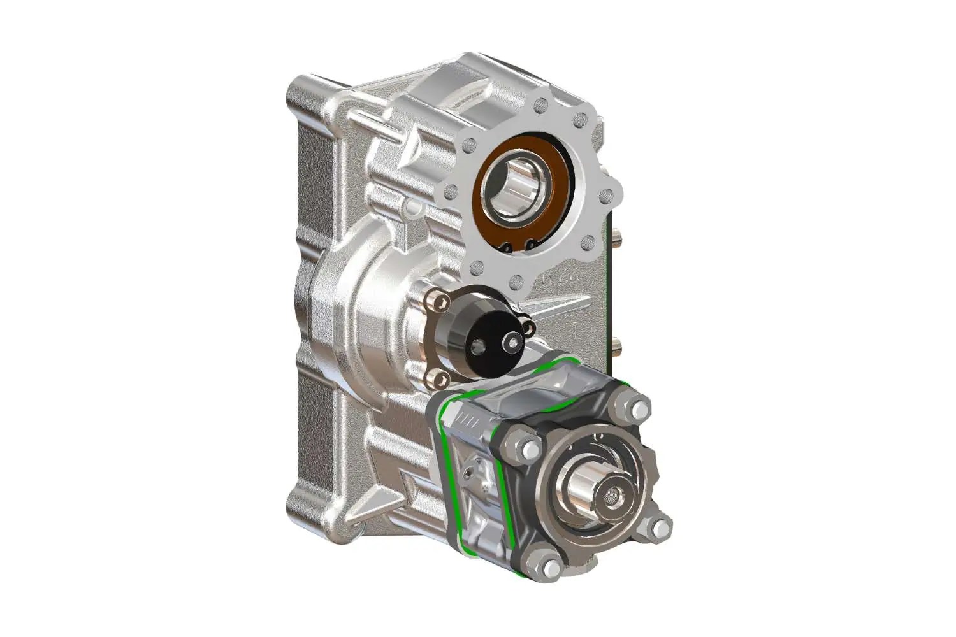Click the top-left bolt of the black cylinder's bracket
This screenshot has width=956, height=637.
pyautogui.click(x=437, y=299)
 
